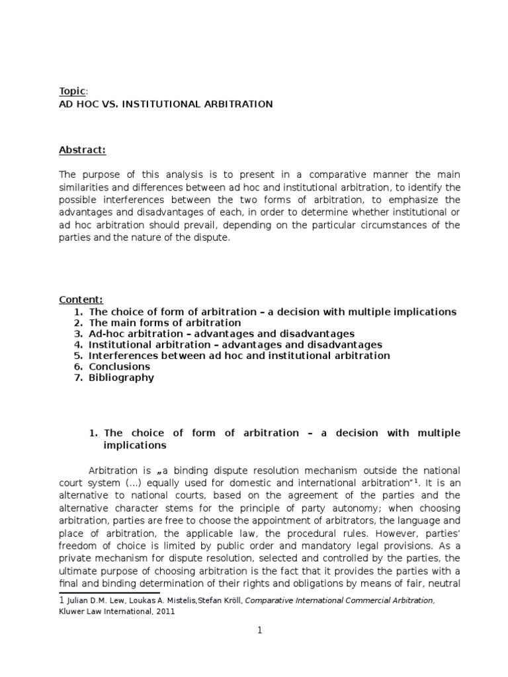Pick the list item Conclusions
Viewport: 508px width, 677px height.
[119, 366]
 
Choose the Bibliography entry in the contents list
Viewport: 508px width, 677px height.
[121, 378]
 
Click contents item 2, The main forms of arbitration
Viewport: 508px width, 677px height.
[165, 322]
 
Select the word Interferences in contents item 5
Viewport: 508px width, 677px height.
[122, 355]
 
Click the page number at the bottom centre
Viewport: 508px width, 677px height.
[260, 631]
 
